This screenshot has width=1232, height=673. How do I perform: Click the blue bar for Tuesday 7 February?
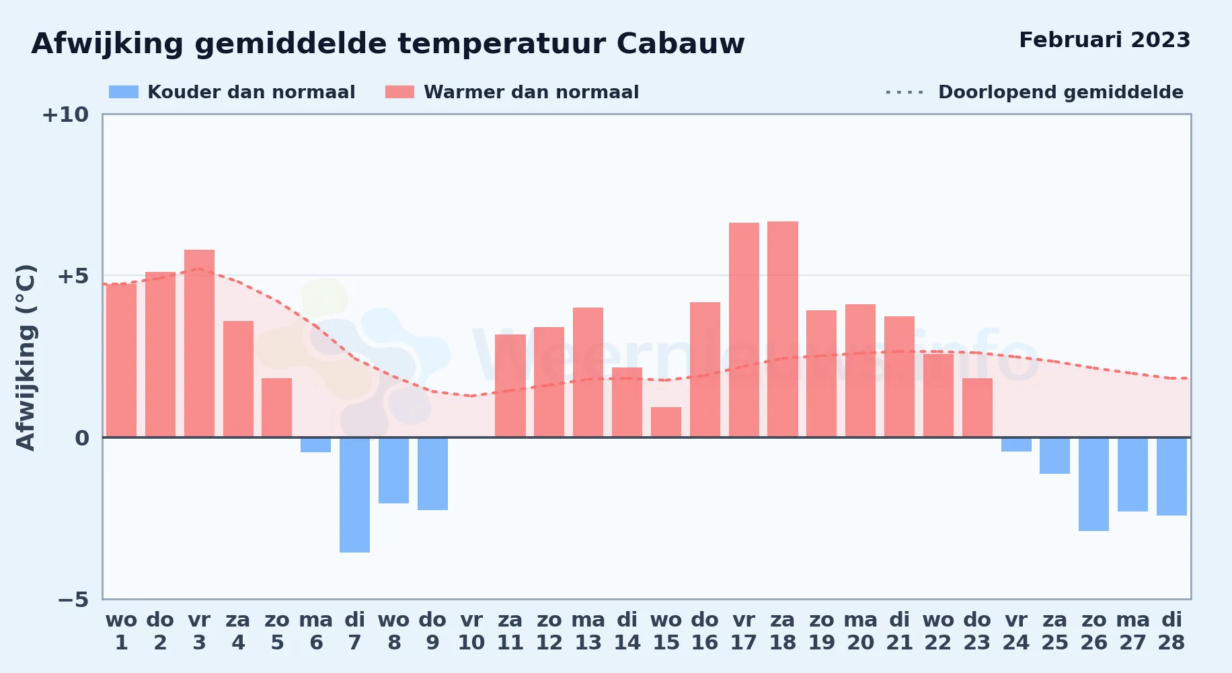click(x=354, y=495)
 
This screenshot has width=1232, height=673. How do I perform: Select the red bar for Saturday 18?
click(x=783, y=329)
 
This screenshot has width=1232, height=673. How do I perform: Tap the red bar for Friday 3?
click(x=199, y=343)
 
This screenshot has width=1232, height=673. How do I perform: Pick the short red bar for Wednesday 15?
click(x=666, y=422)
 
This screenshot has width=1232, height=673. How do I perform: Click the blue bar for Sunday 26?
click(x=1093, y=484)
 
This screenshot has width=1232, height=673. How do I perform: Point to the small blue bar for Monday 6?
click(x=315, y=445)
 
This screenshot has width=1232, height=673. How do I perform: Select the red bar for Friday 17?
click(x=744, y=330)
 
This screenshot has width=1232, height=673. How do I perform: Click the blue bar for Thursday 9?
click(x=432, y=474)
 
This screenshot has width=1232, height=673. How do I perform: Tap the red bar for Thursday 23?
click(x=977, y=408)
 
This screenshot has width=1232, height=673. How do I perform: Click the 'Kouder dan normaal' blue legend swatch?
click(x=124, y=92)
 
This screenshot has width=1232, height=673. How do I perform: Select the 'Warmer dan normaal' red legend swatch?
click(x=399, y=92)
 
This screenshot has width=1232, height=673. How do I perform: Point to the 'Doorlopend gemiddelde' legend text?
click(x=1061, y=92)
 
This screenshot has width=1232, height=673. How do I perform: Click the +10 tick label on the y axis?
click(x=65, y=114)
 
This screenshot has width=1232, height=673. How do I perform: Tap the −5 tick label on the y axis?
click(x=73, y=599)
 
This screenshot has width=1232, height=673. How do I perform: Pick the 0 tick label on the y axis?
click(x=82, y=438)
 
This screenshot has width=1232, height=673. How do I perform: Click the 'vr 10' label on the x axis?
click(x=471, y=631)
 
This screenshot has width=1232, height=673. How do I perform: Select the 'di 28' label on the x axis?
click(x=1171, y=631)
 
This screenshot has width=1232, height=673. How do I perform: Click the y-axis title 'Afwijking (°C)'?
click(x=26, y=357)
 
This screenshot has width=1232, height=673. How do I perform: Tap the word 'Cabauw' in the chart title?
click(x=681, y=44)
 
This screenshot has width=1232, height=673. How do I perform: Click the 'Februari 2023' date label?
click(x=1105, y=40)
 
